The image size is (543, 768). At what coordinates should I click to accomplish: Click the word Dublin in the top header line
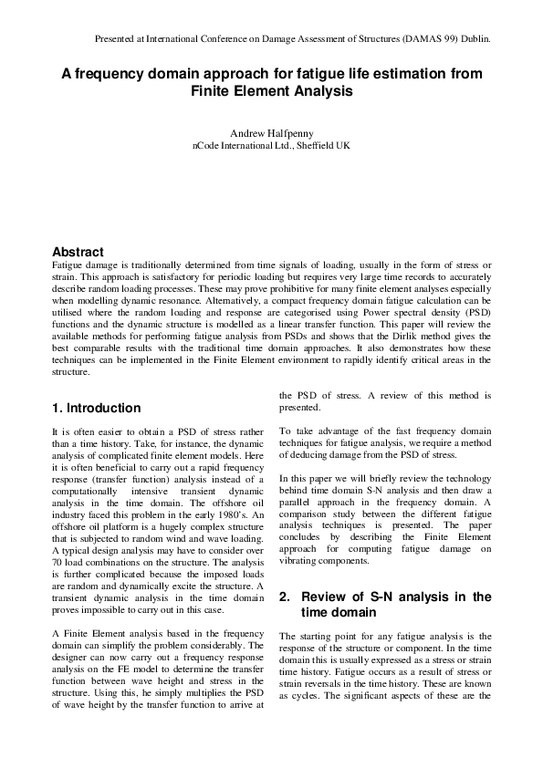coord(474,40)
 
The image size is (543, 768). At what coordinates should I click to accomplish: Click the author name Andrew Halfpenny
coord(271,131)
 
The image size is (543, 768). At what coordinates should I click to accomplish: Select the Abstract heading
coord(78,252)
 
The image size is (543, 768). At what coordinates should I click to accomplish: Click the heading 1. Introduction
coord(96,408)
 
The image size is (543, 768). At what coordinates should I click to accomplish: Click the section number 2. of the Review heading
coord(285,597)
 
